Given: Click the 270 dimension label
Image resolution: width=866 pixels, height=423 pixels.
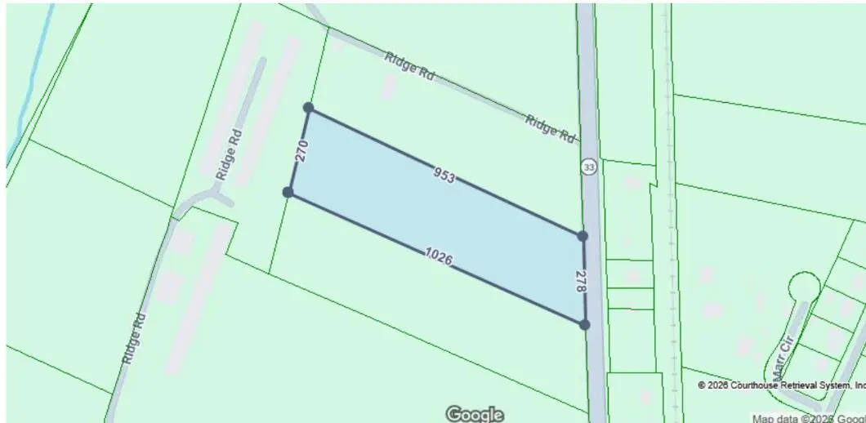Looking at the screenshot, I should pyautogui.click(x=301, y=151).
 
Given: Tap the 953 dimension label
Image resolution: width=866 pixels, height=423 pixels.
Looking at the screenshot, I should pyautogui.click(x=444, y=175).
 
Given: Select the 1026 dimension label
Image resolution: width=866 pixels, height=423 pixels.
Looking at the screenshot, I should pyautogui.click(x=438, y=257).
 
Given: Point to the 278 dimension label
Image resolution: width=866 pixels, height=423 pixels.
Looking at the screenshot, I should pyautogui.click(x=580, y=281).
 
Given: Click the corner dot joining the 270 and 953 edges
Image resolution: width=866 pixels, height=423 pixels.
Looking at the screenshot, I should pyautogui.click(x=308, y=108).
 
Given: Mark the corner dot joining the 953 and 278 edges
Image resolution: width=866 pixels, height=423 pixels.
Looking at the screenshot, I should pyautogui.click(x=582, y=236).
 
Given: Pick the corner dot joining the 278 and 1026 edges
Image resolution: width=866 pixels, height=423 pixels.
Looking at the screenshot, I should pyautogui.click(x=584, y=324).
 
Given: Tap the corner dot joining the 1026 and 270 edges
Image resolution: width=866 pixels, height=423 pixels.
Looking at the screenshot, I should pyautogui.click(x=288, y=192).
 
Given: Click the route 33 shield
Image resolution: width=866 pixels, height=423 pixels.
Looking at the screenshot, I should pyautogui.click(x=588, y=167).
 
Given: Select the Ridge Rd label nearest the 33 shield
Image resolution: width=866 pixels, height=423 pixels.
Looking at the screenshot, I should pyautogui.click(x=550, y=129).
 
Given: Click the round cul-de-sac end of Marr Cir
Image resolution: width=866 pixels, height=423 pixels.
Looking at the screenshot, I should pyautogui.click(x=803, y=287).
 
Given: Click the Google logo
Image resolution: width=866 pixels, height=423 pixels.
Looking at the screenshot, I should pyautogui.click(x=474, y=414).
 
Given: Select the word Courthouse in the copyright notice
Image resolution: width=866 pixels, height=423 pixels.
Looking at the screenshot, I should pyautogui.click(x=760, y=385).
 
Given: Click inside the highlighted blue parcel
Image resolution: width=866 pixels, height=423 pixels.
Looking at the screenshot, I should pyautogui.click(x=441, y=216).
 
